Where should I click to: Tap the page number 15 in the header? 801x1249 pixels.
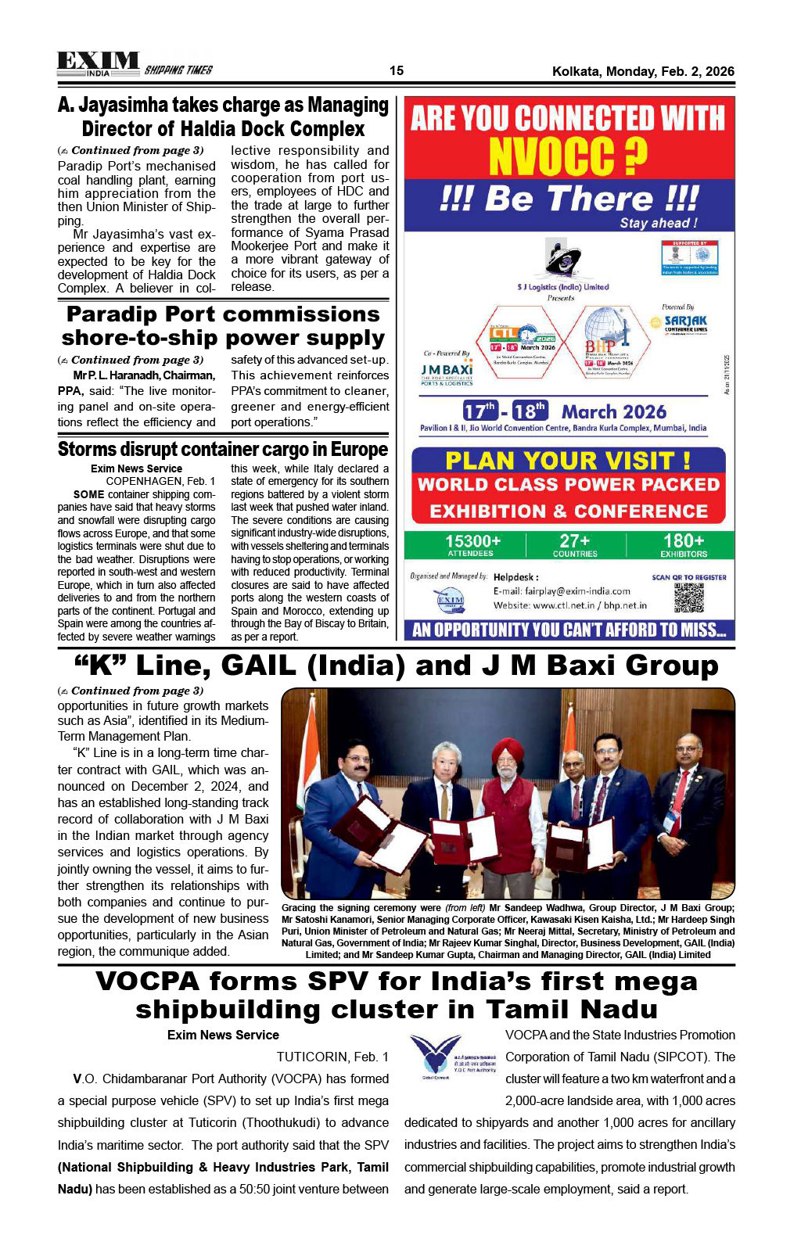397,71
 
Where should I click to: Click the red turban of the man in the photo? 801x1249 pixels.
507,752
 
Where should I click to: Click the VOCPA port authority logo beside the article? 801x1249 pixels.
436,1056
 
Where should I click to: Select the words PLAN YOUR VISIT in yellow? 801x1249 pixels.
558,461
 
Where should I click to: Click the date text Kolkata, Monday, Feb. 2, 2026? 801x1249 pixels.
643,71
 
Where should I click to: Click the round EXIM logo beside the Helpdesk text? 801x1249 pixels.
450,601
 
